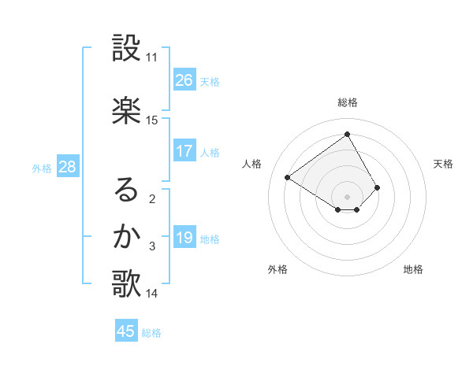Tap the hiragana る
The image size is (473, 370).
(127, 190)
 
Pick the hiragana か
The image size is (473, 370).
(127, 236)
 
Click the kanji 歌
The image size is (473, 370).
(127, 284)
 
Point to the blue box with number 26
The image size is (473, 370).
(184, 80)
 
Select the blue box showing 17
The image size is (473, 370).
(184, 151)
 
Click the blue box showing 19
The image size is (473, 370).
(184, 238)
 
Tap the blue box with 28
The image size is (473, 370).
(67, 167)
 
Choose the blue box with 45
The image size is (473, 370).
(126, 331)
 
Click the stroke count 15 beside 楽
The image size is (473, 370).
(152, 120)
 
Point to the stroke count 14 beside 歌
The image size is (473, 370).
(152, 294)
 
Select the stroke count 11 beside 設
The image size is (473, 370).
(152, 57)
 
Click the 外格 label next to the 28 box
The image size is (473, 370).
(42, 168)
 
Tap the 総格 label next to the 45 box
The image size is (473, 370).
(151, 333)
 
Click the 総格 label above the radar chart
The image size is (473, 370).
(348, 102)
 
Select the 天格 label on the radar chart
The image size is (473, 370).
(443, 164)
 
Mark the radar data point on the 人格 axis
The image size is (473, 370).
(288, 178)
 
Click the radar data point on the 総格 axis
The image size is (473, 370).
(347, 135)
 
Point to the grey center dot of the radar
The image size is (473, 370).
(347, 196)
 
